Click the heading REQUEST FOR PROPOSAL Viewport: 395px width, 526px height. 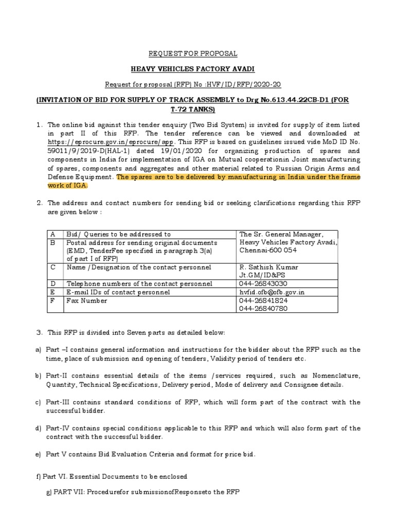click(193, 53)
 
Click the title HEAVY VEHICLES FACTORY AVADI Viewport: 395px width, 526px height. click(193, 69)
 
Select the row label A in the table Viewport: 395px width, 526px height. click(52, 234)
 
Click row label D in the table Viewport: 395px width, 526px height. click(52, 284)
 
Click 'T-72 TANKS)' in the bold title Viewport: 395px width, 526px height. click(193, 109)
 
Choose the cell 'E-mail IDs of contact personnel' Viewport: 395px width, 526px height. click(118, 292)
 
